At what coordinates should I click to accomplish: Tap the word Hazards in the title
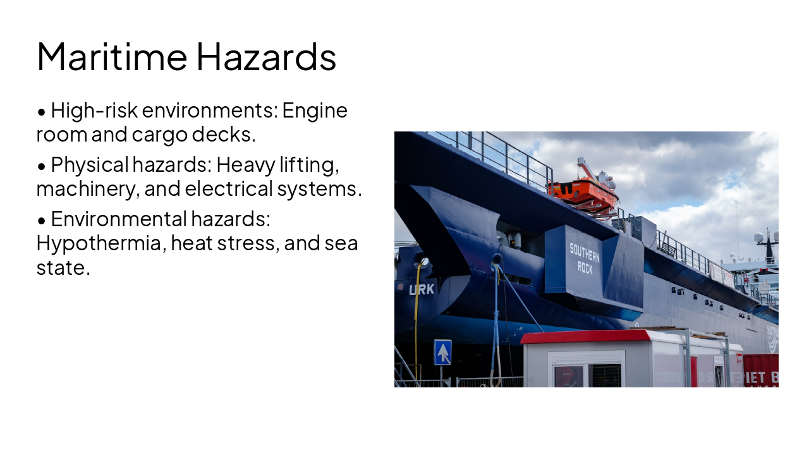(266, 56)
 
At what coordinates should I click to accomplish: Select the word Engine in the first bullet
(315, 111)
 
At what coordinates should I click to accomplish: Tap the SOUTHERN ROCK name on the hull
(585, 257)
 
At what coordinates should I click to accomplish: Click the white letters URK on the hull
(422, 289)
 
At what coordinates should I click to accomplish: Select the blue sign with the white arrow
(442, 353)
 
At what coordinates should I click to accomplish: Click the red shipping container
(760, 371)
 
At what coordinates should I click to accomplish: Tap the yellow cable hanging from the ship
(417, 310)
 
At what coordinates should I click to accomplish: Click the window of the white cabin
(588, 375)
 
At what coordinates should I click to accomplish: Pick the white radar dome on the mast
(758, 238)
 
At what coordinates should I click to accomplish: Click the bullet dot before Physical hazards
(42, 166)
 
